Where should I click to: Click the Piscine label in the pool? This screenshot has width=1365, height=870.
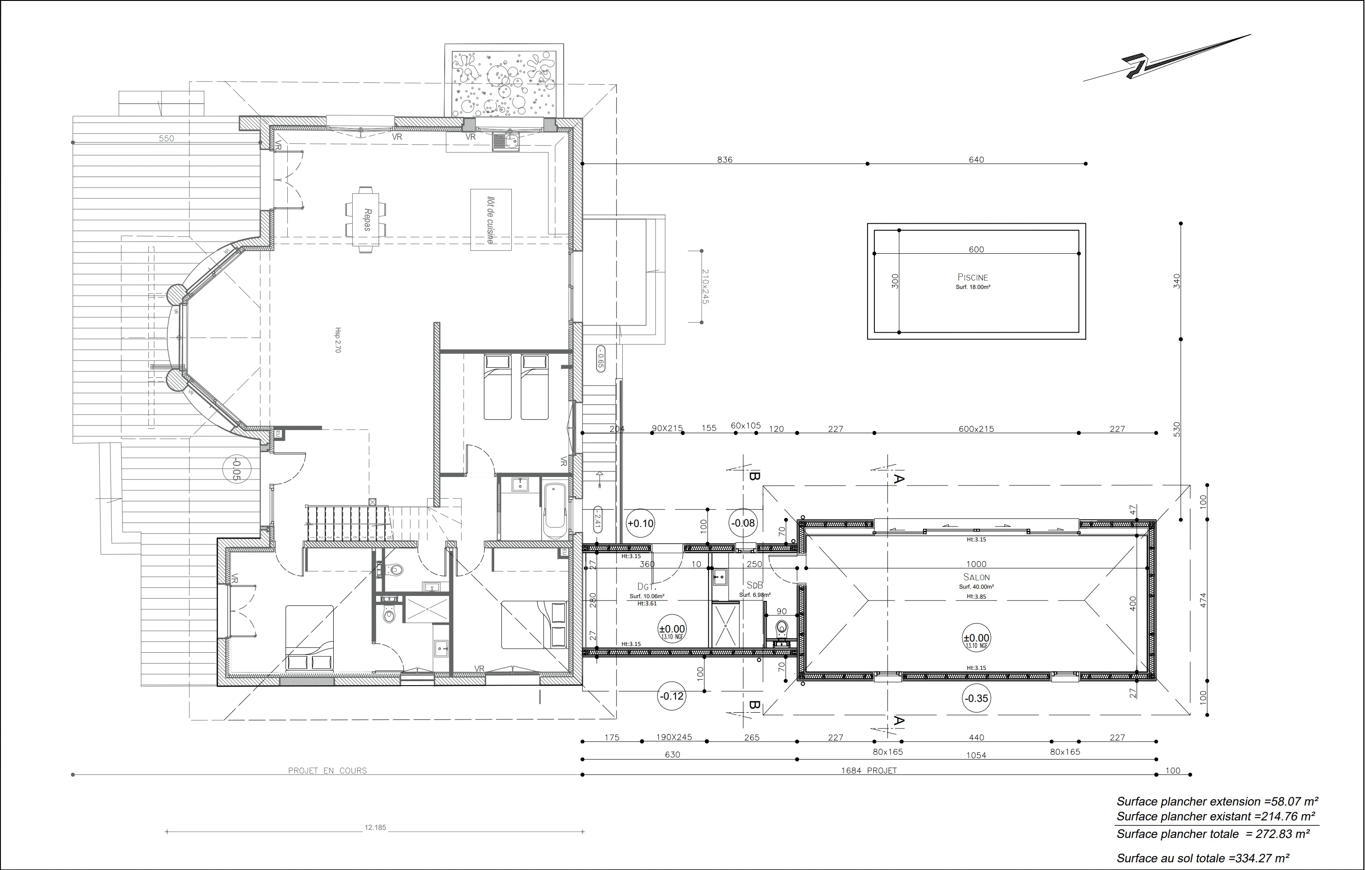pos(972,277)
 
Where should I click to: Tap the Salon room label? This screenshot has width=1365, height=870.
pos(976,577)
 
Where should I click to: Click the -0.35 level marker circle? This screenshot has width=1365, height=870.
pos(976,698)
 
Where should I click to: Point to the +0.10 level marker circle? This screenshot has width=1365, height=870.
pos(640,523)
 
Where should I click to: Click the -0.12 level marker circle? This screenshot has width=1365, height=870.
pos(671,696)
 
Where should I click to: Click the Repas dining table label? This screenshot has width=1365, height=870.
pos(366,220)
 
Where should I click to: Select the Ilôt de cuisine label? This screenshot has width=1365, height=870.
pos(490,220)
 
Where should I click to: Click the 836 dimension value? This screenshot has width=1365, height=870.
pos(725,160)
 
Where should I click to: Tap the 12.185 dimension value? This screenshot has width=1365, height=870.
pos(375,828)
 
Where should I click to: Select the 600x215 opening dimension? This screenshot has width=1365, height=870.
pos(976,429)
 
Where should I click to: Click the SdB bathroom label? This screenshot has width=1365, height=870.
pos(754,585)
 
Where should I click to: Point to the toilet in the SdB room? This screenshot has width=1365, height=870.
pos(782,628)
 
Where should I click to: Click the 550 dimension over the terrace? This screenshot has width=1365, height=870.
pos(166,138)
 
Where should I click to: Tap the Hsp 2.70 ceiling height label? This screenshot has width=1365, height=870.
pos(338,340)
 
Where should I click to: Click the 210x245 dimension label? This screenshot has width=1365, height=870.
pos(705,287)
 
